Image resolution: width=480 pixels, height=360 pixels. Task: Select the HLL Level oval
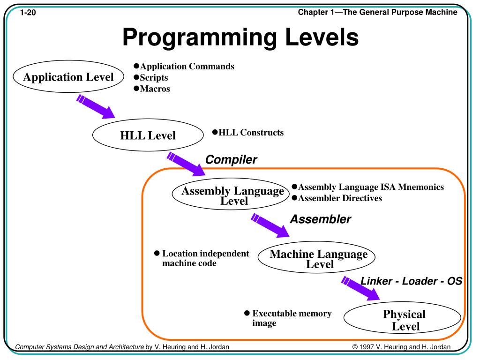[x=148, y=135]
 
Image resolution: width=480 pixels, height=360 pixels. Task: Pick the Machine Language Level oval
[x=318, y=258]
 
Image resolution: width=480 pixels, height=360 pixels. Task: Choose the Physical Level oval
[x=403, y=320]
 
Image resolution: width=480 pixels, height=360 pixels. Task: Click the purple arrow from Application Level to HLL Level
[x=96, y=106]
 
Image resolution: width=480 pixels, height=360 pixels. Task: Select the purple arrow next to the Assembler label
[x=270, y=225]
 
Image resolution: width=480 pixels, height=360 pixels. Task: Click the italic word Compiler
[x=232, y=159]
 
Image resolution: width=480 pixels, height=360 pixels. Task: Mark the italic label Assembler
[x=320, y=219]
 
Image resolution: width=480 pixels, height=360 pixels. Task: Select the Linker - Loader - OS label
[x=411, y=281]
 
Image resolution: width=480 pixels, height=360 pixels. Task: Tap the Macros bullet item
[x=155, y=89]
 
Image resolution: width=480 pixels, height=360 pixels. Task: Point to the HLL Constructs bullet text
[x=251, y=133]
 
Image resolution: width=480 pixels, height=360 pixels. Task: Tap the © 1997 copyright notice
[x=401, y=347]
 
